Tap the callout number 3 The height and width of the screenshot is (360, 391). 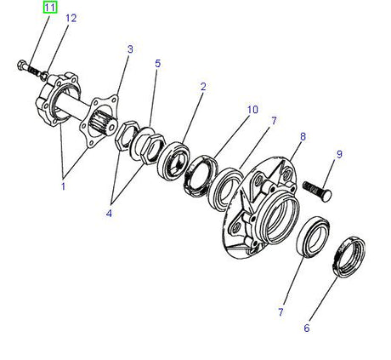(x=130, y=49)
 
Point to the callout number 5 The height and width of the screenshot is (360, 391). (x=157, y=64)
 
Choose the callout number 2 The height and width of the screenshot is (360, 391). (x=203, y=86)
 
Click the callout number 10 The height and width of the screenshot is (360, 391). (x=252, y=109)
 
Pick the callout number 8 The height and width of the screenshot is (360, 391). (x=303, y=135)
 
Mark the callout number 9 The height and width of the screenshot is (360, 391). (x=339, y=154)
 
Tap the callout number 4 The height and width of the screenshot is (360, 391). (x=109, y=213)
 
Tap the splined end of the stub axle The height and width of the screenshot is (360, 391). (x=107, y=129)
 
